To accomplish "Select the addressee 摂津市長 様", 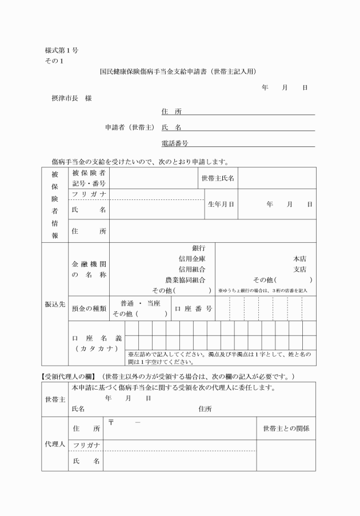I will point(72,98).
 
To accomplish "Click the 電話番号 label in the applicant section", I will point(175,143).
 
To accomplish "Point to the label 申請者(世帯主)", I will point(130,127).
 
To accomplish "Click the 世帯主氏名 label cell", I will point(218,178).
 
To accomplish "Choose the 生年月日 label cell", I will point(221,204).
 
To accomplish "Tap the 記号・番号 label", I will point(89,183).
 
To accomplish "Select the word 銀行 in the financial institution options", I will point(199,249).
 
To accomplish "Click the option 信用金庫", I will point(192,259).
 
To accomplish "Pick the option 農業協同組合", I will point(186,280).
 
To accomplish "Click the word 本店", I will point(299,259).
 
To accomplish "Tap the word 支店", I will point(299,269).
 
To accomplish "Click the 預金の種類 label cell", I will point(89,309).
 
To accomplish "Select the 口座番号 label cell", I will point(193,309).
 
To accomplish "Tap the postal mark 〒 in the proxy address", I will point(111,422).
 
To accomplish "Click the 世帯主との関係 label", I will point(286,428).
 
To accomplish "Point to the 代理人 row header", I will point(55,444).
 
